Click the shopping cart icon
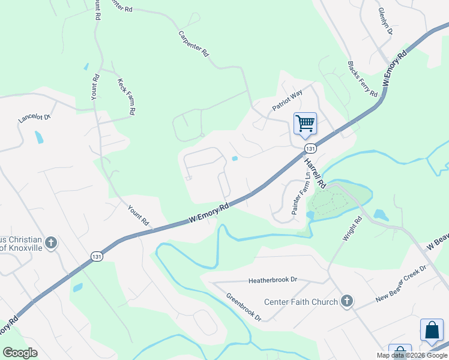[x=305, y=124]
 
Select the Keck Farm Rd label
[x=127, y=96]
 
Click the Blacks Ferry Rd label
[x=362, y=79]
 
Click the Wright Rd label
[x=352, y=229]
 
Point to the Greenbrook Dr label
[x=244, y=307]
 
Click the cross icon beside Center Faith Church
[x=346, y=301]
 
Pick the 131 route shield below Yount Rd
[x=97, y=256]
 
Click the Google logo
[x=20, y=352]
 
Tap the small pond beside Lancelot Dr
[x=39, y=137]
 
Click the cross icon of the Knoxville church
[x=52, y=242]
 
